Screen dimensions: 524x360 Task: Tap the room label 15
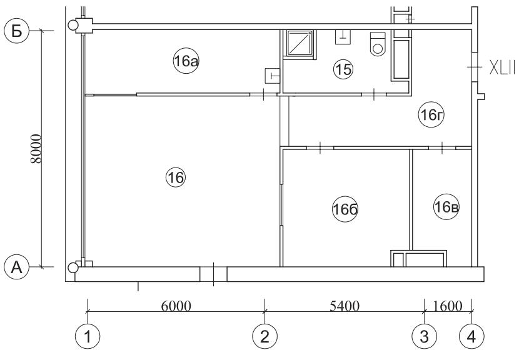click(x=343, y=69)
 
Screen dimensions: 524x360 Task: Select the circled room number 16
click(x=176, y=177)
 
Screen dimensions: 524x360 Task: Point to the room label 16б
click(x=345, y=209)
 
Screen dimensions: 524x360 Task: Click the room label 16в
click(x=446, y=207)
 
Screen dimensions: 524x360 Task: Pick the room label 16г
click(x=431, y=115)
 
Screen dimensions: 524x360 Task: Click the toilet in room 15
click(x=378, y=43)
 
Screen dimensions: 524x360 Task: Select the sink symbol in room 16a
click(x=272, y=76)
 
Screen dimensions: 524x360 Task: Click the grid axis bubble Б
click(x=16, y=31)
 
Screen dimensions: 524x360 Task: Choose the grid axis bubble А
click(x=16, y=267)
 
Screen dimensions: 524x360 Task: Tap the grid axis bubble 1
click(x=88, y=337)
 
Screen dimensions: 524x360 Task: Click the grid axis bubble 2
click(x=265, y=337)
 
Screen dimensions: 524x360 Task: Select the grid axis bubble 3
click(x=424, y=337)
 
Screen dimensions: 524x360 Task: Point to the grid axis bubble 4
click(x=471, y=337)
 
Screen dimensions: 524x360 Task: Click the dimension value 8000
click(x=36, y=149)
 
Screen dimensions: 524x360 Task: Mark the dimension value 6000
click(x=176, y=306)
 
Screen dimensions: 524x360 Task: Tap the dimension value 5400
click(x=344, y=306)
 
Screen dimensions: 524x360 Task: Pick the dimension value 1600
click(x=448, y=306)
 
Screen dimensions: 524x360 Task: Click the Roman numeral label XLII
click(x=502, y=67)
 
